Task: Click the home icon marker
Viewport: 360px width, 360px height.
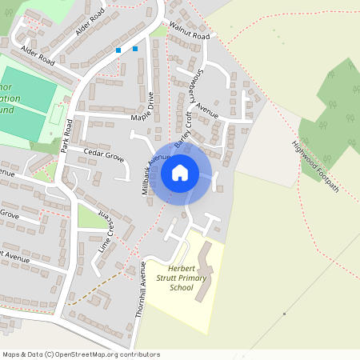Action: click(180, 171)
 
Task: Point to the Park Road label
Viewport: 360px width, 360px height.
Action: click(67, 135)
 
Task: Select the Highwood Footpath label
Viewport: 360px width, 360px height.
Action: click(315, 166)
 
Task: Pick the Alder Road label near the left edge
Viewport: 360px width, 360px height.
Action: click(37, 61)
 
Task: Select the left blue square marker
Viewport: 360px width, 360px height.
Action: click(118, 50)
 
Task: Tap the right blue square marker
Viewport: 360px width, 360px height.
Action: click(135, 49)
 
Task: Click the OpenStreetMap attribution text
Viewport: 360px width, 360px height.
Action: click(81, 354)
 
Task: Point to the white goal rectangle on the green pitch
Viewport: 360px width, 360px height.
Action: click(55, 117)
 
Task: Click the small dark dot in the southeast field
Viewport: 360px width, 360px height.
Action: click(284, 314)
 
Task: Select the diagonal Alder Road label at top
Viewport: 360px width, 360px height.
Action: click(90, 23)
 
